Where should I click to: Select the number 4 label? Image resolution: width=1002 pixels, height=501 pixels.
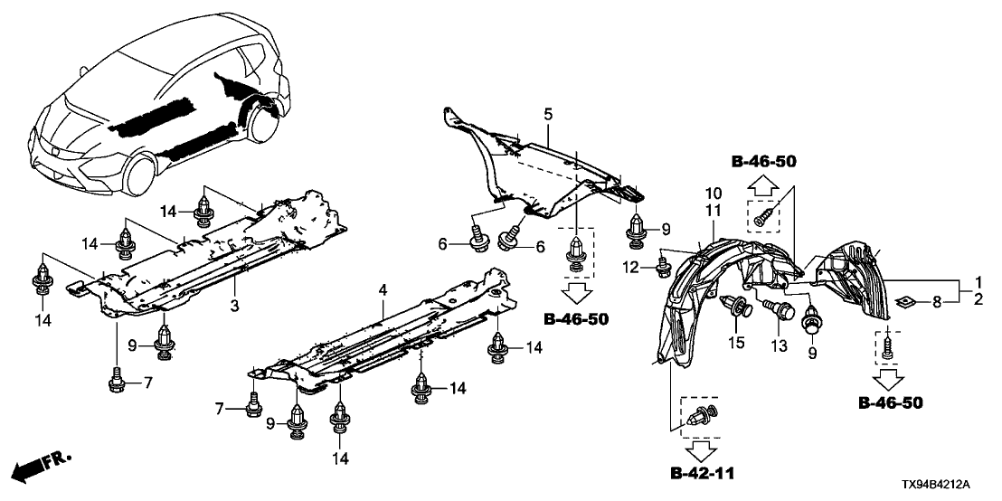383,289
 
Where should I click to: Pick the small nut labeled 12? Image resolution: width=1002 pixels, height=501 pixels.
662,264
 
